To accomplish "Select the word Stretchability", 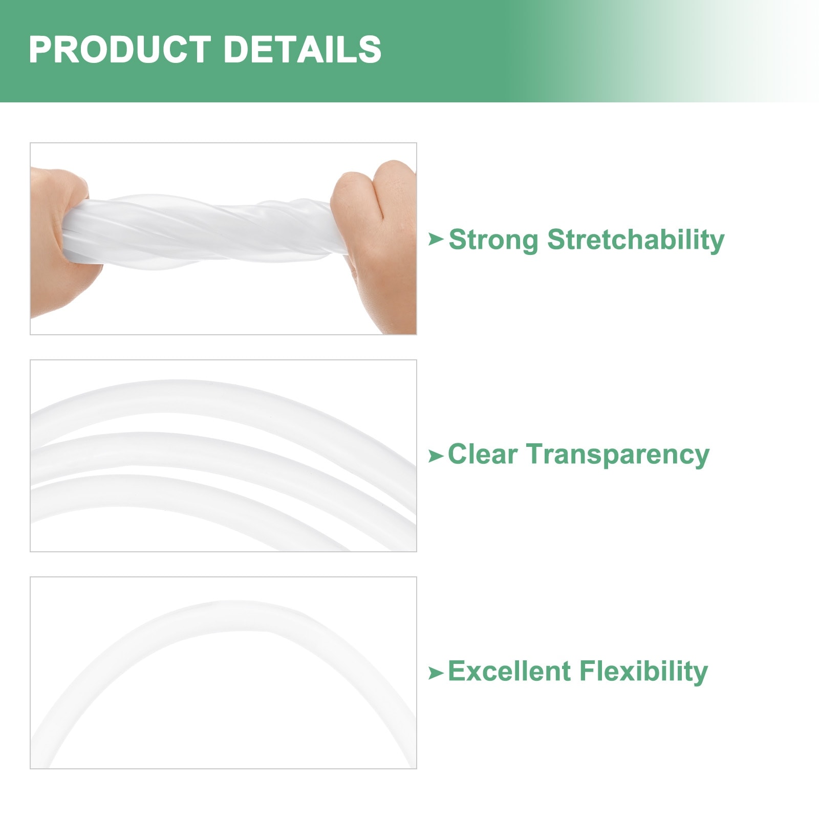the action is [636, 240].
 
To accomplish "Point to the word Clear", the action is [483, 454].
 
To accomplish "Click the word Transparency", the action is [618, 455].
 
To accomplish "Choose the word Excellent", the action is [509, 671].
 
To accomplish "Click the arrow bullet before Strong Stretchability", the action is [436, 239].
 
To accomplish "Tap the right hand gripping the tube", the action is [376, 246].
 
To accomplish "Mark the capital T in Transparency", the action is [536, 454].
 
